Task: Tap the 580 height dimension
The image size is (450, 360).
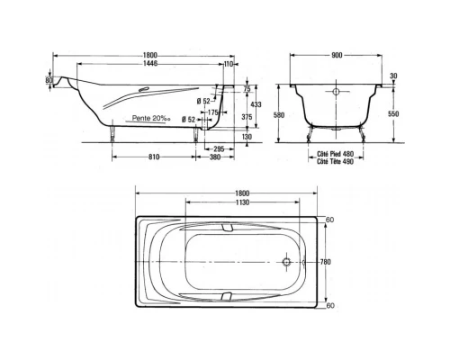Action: pos(279,114)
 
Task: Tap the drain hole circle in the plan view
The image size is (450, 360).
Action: pos(287,262)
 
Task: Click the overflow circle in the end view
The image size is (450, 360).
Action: pos(337,92)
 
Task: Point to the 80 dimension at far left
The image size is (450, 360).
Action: pos(49,82)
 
